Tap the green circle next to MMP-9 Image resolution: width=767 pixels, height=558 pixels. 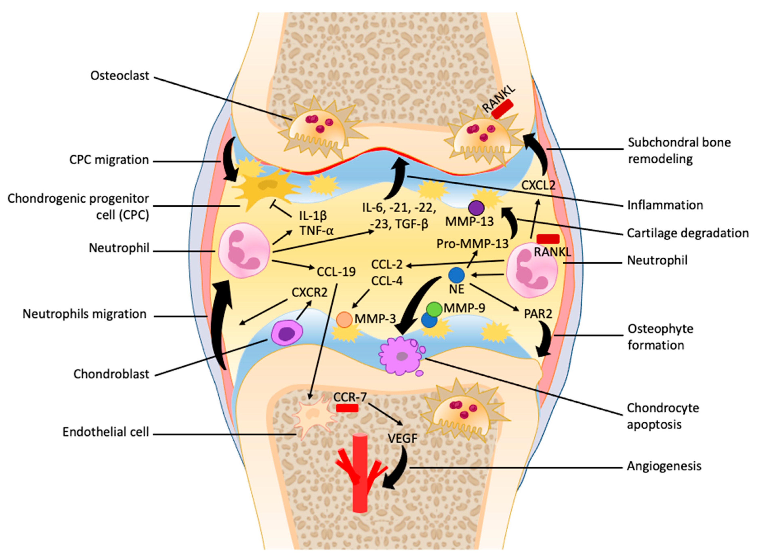click(x=434, y=309)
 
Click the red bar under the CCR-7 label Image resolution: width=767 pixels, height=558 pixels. click(x=347, y=408)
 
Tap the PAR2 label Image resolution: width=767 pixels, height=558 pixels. click(x=538, y=314)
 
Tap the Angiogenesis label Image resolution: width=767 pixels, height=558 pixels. click(x=664, y=466)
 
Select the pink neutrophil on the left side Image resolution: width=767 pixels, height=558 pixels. click(x=244, y=250)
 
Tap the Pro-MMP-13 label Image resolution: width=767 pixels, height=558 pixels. click(x=472, y=244)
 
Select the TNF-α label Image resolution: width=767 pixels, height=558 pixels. click(x=316, y=231)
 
